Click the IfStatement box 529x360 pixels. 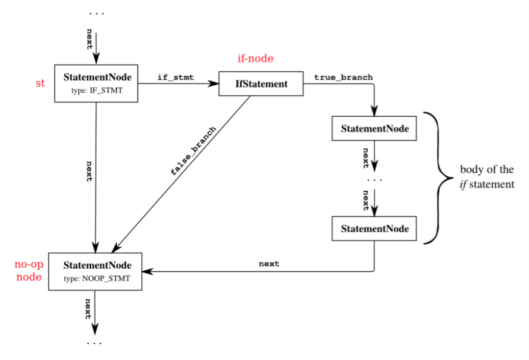coord(261,84)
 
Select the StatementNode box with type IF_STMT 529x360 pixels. coord(96,83)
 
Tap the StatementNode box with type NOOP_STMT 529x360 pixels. coord(97,270)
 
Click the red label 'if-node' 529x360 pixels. coord(255,58)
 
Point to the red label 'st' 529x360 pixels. coord(40,84)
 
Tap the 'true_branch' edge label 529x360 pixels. coord(343,78)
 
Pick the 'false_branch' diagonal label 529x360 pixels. coord(193,151)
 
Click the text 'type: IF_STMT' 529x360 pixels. coord(96,90)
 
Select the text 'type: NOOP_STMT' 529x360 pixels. coord(97,277)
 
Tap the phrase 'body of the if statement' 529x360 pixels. coord(487,176)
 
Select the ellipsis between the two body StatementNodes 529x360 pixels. coord(374,179)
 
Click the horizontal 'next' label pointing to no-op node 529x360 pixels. coord(269,264)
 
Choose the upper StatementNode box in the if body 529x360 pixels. coord(374,129)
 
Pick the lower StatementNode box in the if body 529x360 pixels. coord(374,229)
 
